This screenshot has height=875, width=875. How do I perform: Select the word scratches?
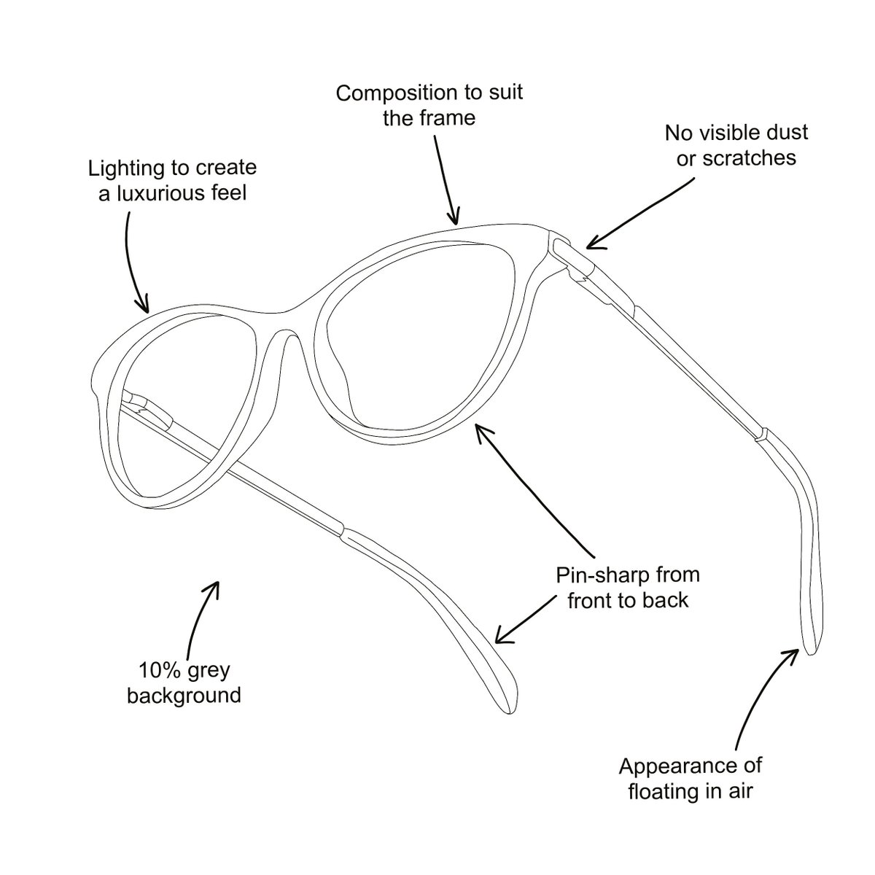(749, 158)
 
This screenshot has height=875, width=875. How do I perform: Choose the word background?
(184, 696)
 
